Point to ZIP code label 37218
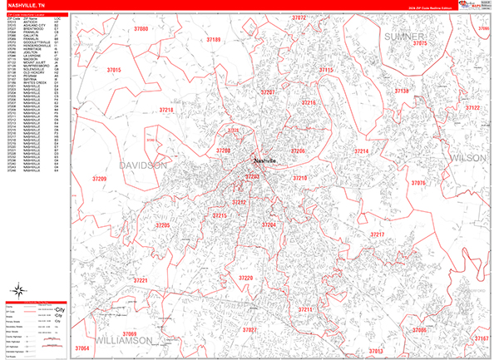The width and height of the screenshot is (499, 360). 166,110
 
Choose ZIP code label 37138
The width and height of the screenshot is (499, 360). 403,91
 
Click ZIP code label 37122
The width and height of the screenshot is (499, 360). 472,108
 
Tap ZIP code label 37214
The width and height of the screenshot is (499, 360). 361,151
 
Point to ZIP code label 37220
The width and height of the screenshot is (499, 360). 245,279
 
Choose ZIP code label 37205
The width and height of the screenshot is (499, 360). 163,225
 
